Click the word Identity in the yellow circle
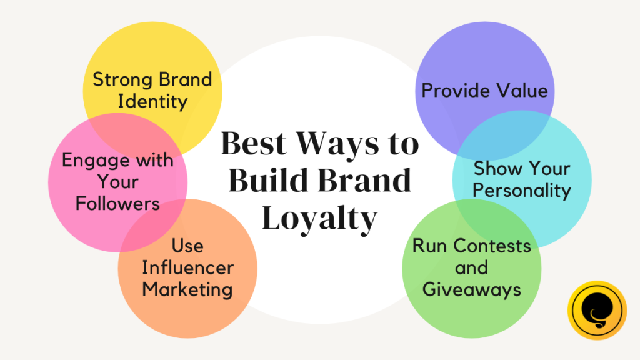pyautogui.click(x=152, y=101)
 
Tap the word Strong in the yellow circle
pyautogui.click(x=123, y=80)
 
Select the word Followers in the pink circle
pyautogui.click(x=117, y=203)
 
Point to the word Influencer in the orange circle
pyautogui.click(x=187, y=267)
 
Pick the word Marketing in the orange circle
pyautogui.click(x=187, y=290)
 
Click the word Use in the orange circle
pyautogui.click(x=187, y=246)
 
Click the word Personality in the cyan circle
pyautogui.click(x=522, y=191)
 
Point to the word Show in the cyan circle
pyautogui.click(x=494, y=168)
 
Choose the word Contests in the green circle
pyautogui.click(x=492, y=246)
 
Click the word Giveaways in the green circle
pyautogui.click(x=471, y=290)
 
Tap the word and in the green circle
pyautogui.click(x=471, y=267)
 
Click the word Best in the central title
pyautogui.click(x=254, y=144)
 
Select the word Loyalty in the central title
pyautogui.click(x=319, y=219)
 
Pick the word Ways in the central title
pyautogui.click(x=337, y=144)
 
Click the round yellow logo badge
pyautogui.click(x=597, y=311)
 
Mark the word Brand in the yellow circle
pyautogui.click(x=185, y=79)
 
